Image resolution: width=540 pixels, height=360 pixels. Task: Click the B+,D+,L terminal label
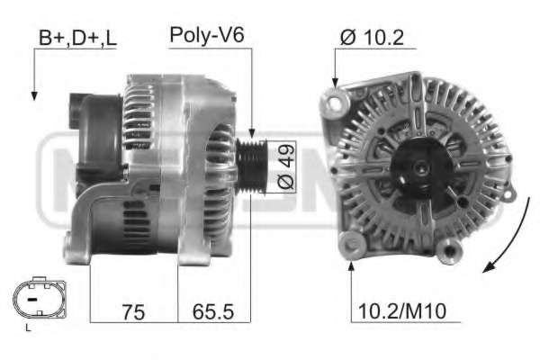(77, 38)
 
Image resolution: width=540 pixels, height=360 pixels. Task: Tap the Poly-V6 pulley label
(207, 35)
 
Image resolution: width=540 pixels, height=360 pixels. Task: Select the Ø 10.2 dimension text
(372, 37)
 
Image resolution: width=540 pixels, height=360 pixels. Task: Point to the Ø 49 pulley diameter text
(286, 166)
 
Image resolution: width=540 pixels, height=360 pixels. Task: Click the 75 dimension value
(133, 312)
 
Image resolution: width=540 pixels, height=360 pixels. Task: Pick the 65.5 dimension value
(213, 311)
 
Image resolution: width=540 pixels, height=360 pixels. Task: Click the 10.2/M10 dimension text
(402, 311)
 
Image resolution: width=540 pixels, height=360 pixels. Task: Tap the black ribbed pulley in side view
(251, 166)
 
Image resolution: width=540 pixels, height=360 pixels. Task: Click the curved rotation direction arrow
(509, 238)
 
